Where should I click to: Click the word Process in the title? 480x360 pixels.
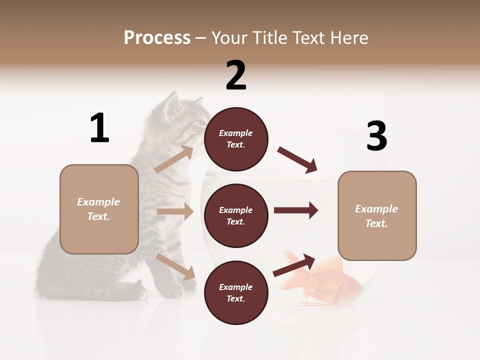[x=157, y=38]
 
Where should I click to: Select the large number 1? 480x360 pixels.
[x=99, y=128]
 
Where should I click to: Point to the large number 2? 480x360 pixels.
[x=236, y=75]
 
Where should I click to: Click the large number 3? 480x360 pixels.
[x=376, y=136]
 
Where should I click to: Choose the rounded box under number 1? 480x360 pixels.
[x=99, y=209]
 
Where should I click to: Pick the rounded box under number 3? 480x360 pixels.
[x=377, y=216]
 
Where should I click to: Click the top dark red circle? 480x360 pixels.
[x=236, y=139]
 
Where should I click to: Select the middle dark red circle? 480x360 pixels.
[x=236, y=216]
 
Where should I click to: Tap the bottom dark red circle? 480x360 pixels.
[x=236, y=293]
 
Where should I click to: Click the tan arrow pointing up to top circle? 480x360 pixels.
[x=174, y=159]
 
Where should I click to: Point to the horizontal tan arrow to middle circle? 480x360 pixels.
[x=175, y=211]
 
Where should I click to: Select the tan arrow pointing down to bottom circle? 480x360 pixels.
[x=175, y=266]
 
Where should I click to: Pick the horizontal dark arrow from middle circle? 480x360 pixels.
[x=295, y=210]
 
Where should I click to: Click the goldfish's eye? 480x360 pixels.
[x=353, y=288]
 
